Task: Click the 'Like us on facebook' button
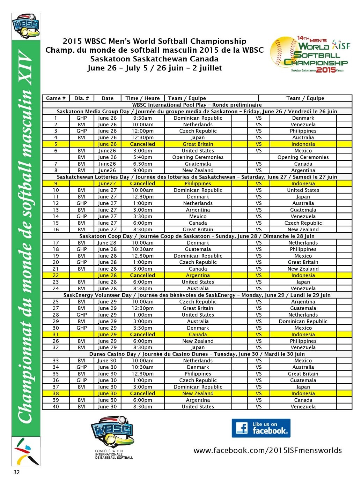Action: click(261, 428)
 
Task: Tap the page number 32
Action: click(16, 472)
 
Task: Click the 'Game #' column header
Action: click(56, 98)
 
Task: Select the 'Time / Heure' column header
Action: click(142, 98)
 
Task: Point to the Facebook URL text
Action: click(267, 450)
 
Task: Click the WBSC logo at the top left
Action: click(26, 26)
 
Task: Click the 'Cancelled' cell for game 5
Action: click(142, 144)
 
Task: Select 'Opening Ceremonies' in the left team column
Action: click(198, 157)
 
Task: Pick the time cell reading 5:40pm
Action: click(142, 157)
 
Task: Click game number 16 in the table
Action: click(56, 230)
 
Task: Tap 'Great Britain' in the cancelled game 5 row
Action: click(198, 144)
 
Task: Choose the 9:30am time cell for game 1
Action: click(142, 118)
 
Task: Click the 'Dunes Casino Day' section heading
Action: click(197, 354)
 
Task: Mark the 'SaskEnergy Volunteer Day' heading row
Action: click(197, 295)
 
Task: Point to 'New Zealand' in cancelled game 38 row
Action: click(198, 393)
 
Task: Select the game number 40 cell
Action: click(56, 407)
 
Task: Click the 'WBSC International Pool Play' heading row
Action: click(197, 105)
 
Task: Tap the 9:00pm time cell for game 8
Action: click(142, 171)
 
